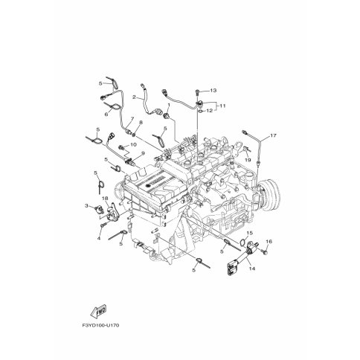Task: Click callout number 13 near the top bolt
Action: pos(212,89)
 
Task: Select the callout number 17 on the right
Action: pos(272,135)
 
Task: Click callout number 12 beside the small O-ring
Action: pos(210,111)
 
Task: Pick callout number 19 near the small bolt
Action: pos(247,160)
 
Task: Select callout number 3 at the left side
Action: pos(86,205)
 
